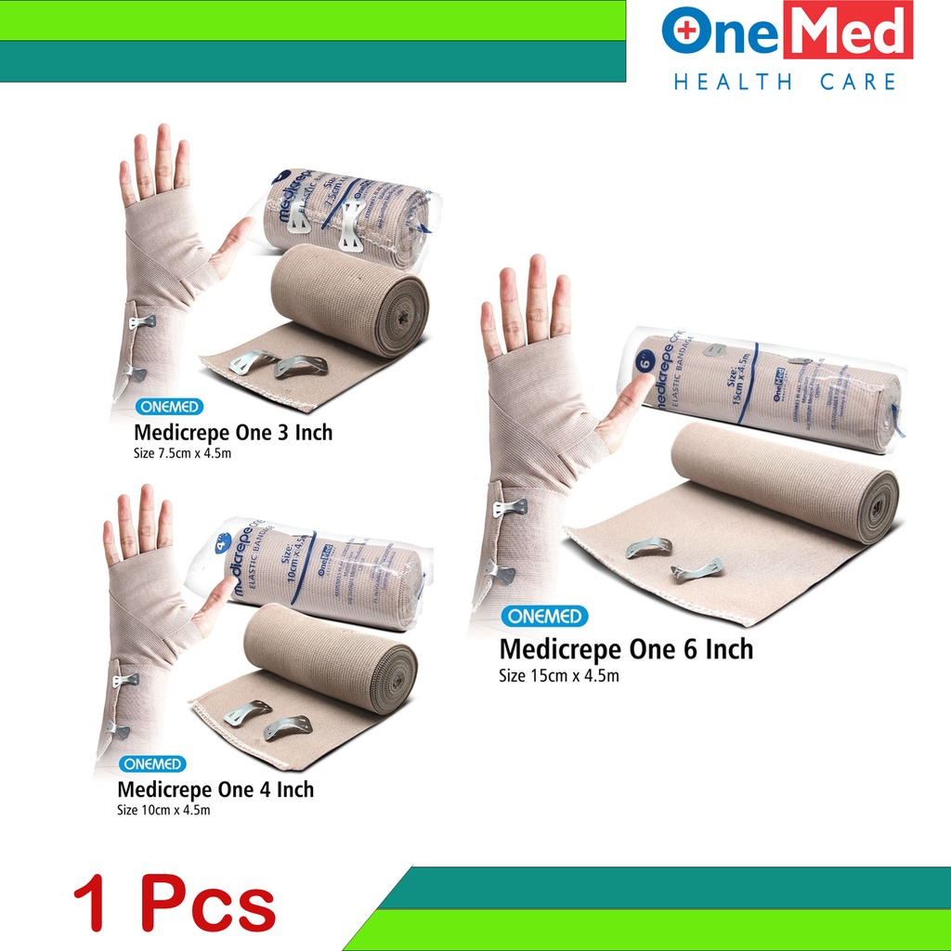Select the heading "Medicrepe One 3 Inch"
233,433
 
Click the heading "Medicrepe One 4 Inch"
215,789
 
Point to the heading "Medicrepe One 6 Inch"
626,648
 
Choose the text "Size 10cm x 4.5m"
164,811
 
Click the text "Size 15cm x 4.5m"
558,676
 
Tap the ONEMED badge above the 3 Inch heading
168,407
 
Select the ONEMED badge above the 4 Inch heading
151,764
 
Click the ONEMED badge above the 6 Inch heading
543,617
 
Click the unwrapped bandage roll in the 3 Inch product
353,297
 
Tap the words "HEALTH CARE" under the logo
785,82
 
